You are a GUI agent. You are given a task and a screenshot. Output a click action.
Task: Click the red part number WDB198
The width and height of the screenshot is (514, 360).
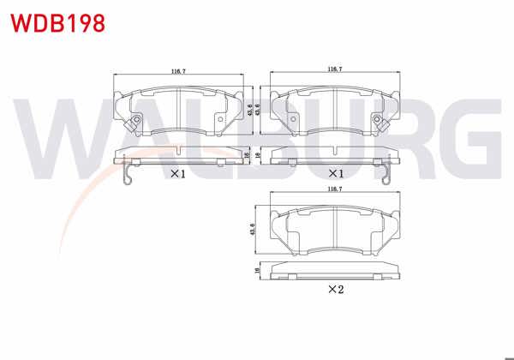click(57, 22)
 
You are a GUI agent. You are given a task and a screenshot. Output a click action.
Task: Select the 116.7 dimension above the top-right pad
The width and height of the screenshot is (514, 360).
click(336, 69)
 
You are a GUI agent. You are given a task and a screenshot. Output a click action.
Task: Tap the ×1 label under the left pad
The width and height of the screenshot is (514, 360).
click(177, 174)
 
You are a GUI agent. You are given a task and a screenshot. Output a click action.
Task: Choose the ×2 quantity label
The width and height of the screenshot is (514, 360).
click(335, 290)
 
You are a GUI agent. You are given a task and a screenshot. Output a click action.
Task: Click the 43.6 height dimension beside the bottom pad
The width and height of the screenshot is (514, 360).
click(254, 231)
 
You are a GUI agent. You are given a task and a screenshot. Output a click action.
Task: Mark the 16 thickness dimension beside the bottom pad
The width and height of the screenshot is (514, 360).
click(256, 270)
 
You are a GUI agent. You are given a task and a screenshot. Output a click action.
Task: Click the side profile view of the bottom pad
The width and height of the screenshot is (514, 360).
click(335, 271)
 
